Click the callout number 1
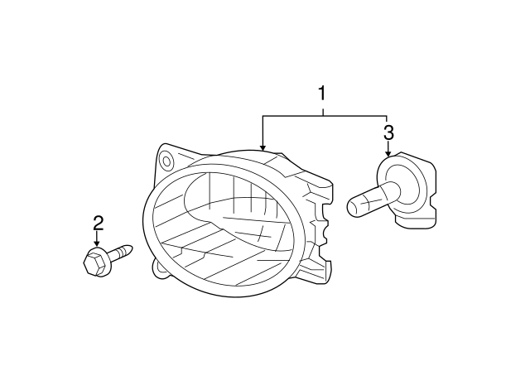tap(322, 94)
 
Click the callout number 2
tap(98, 224)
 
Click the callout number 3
tap(388, 132)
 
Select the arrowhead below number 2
tap(98, 244)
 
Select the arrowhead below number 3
tap(388, 153)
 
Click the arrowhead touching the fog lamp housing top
tap(263, 147)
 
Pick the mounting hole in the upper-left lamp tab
tap(166, 161)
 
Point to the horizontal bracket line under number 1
tap(325, 116)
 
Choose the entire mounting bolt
tap(108, 259)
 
